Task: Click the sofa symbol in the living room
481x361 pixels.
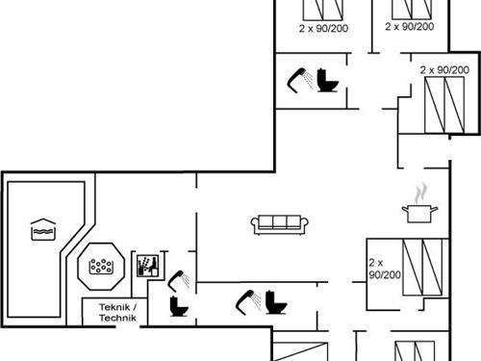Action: tap(279, 224)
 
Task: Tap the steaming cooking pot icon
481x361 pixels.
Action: tap(419, 204)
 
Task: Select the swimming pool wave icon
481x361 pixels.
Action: tap(43, 229)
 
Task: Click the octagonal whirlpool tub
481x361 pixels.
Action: tap(101, 267)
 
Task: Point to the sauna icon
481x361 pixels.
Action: tap(148, 266)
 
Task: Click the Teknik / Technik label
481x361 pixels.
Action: tap(117, 312)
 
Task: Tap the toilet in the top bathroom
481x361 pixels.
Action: tap(328, 81)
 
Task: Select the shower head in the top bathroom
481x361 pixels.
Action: tap(299, 80)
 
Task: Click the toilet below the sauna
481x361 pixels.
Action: tap(179, 306)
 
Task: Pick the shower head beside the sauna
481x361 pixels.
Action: tap(179, 281)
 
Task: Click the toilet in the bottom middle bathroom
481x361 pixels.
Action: tap(276, 302)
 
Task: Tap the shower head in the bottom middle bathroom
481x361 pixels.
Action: tap(248, 302)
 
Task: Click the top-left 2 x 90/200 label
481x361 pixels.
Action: tap(323, 28)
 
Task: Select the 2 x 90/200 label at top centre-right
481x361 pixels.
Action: tap(410, 26)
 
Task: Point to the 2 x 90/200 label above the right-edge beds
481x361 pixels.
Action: tap(444, 69)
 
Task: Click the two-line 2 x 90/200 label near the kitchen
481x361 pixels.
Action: tap(385, 269)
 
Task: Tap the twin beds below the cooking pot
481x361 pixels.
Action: tap(422, 267)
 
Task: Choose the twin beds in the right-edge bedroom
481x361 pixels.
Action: tap(444, 105)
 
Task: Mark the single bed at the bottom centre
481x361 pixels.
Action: tap(300, 351)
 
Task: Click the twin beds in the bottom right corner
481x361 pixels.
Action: tap(415, 351)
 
